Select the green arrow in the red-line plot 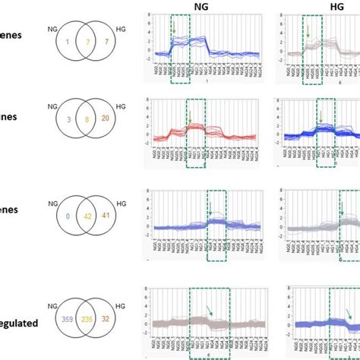pos(188,117)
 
